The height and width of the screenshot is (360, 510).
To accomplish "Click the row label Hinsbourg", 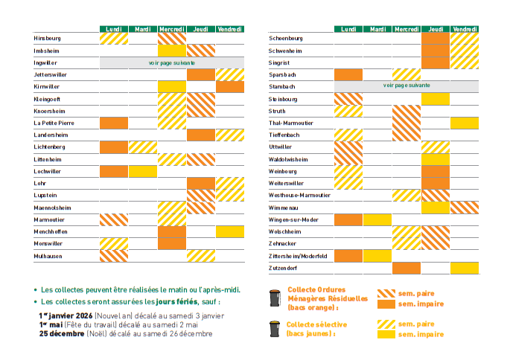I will coord(47,38).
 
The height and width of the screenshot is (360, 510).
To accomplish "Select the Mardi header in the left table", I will coord(142,30).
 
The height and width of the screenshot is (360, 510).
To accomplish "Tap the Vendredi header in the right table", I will coord(464,29).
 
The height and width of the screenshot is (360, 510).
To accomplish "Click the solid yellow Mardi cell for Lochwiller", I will coord(142,171).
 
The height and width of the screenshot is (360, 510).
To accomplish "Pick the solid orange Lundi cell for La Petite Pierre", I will coord(113,123).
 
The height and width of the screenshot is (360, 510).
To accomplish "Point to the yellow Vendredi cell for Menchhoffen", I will coord(230,231).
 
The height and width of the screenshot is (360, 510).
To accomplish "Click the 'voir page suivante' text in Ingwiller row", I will coord(172,63).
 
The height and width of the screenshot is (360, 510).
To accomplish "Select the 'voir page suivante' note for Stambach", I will coord(406,86).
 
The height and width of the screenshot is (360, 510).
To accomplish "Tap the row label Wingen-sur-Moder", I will coord(293,220).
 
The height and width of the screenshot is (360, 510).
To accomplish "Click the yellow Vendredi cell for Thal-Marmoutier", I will coord(464,123).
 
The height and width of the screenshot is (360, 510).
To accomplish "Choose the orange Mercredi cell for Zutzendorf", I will coord(406,268).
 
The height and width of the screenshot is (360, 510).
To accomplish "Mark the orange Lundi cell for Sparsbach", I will coord(348,74).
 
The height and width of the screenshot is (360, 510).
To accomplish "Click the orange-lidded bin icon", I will coord(274,298).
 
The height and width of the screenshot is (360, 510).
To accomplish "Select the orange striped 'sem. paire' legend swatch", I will coord(386,293).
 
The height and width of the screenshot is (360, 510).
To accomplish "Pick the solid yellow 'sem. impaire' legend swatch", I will coord(386,335).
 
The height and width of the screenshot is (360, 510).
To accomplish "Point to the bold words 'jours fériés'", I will coord(176,302).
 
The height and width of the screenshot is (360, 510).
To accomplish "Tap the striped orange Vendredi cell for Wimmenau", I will coord(464,208).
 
